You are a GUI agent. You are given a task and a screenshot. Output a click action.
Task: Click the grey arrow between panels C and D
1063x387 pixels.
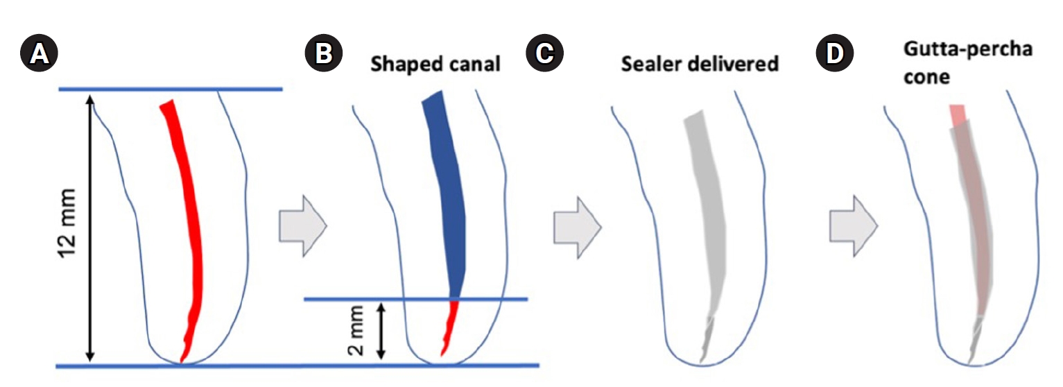tap(854, 227)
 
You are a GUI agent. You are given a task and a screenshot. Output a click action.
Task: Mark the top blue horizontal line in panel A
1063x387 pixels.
tap(171, 89)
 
